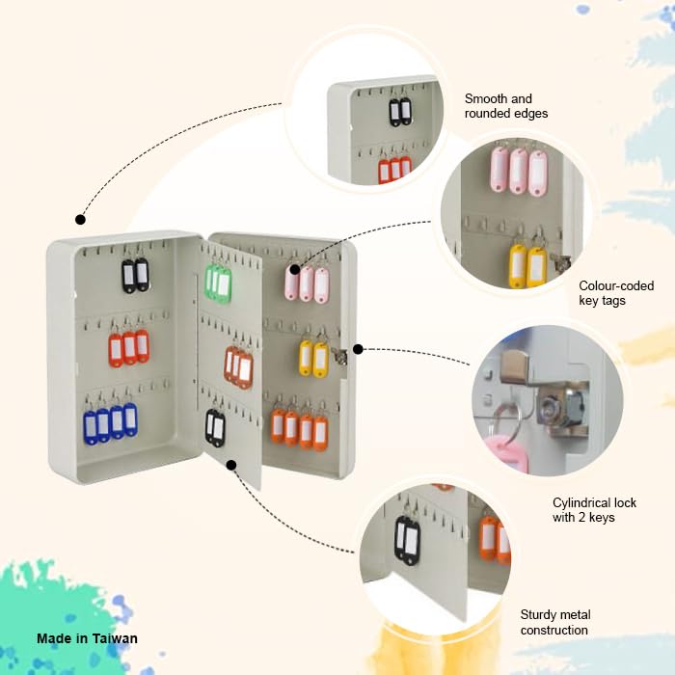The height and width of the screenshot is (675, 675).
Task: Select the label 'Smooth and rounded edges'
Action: [506, 106]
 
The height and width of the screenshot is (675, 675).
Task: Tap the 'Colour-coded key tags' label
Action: [616, 293]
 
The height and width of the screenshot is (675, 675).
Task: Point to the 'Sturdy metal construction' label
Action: [554, 622]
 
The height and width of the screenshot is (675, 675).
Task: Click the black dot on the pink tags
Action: [295, 269]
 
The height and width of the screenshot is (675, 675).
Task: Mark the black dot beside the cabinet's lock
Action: [358, 349]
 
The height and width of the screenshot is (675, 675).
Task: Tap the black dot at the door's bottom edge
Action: [231, 465]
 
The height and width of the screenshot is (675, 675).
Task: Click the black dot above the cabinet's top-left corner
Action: [80, 220]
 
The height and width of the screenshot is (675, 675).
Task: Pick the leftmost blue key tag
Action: [90, 426]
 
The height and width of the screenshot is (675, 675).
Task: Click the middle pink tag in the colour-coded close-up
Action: [518, 170]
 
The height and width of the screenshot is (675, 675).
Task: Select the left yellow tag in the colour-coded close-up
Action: [518, 266]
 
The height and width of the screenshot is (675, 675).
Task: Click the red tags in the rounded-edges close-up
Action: [394, 170]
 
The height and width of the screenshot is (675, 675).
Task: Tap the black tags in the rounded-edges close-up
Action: [400, 112]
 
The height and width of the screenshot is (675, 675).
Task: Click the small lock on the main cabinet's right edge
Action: [339, 356]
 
